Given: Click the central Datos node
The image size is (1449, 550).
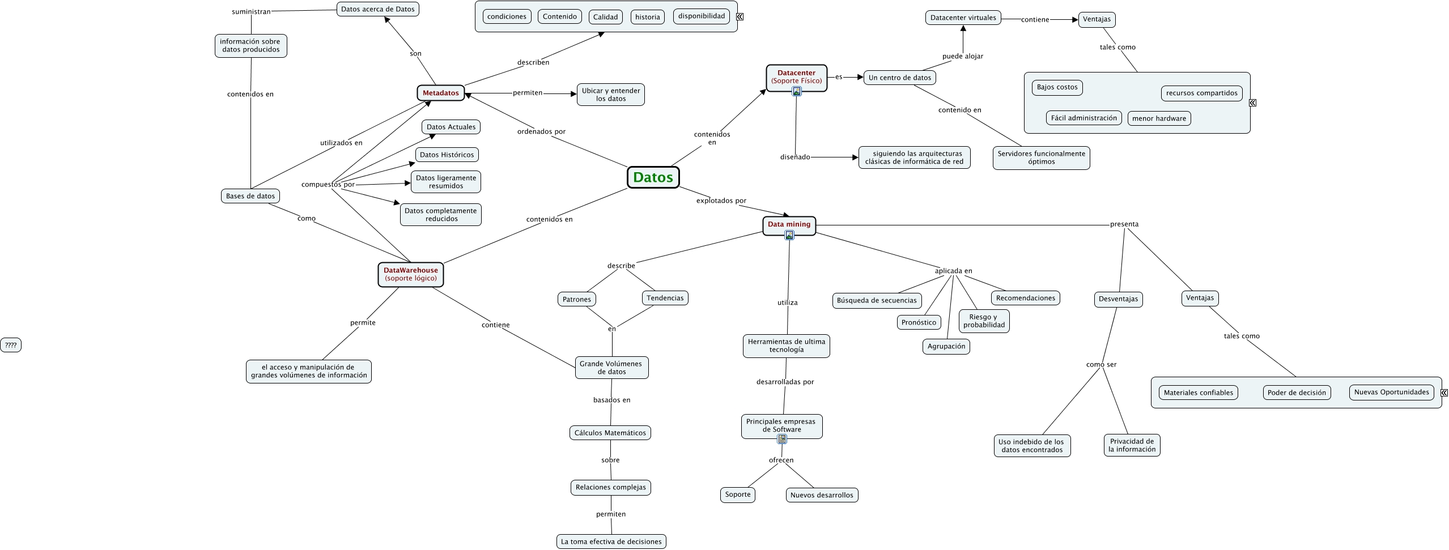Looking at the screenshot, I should pyautogui.click(x=653, y=177).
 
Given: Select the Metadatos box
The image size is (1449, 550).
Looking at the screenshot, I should pyautogui.click(x=440, y=93).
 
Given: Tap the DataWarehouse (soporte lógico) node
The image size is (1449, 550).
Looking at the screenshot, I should pyautogui.click(x=410, y=274).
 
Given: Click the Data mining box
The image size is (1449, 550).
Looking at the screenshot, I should pyautogui.click(x=789, y=224).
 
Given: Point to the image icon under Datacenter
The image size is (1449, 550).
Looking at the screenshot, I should pyautogui.click(x=797, y=91).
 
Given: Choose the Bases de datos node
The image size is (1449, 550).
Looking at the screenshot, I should pyautogui.click(x=250, y=196).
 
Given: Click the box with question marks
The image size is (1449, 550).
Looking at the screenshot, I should pyautogui.click(x=11, y=345).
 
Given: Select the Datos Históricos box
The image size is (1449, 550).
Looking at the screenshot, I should pyautogui.click(x=447, y=155).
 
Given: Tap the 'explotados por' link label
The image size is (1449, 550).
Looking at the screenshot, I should pyautogui.click(x=721, y=201).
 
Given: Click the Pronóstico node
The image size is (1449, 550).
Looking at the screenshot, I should pyautogui.click(x=919, y=322).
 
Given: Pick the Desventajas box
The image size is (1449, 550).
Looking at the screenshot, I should pyautogui.click(x=1117, y=299).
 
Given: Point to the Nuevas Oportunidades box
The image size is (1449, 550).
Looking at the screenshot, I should pyautogui.click(x=1391, y=392).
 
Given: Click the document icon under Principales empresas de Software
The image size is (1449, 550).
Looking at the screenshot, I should pyautogui.click(x=782, y=439).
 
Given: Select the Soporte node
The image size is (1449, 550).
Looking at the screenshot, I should pyautogui.click(x=737, y=494).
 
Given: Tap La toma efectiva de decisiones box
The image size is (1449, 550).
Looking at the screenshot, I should pyautogui.click(x=611, y=542).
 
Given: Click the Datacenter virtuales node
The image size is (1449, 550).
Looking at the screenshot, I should pyautogui.click(x=963, y=18).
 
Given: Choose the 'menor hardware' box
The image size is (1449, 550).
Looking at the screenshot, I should pyautogui.click(x=1159, y=118).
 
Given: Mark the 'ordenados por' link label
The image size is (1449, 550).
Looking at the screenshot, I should pyautogui.click(x=541, y=131).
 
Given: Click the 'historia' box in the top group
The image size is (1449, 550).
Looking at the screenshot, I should pyautogui.click(x=647, y=17).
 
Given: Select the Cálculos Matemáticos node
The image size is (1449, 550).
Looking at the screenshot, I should pyautogui.click(x=610, y=433).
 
